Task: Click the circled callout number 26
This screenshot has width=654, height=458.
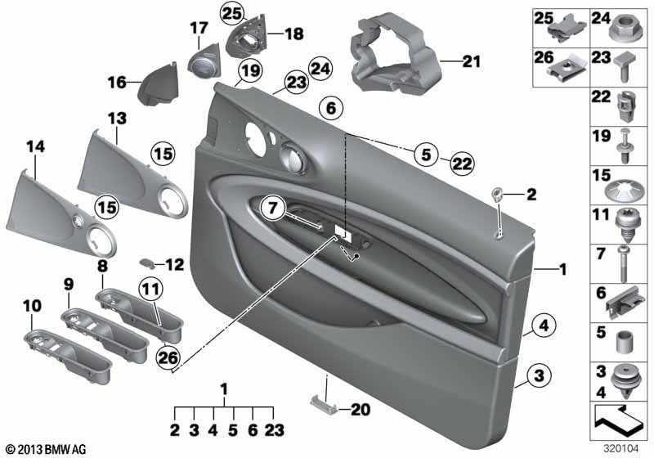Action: pos(168,357)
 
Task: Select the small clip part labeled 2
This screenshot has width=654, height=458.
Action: pos(498,194)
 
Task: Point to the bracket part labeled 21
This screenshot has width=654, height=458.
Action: pos(394,54)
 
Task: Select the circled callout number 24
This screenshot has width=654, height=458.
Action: pos(320,69)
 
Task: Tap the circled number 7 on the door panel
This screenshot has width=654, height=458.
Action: pos(272,207)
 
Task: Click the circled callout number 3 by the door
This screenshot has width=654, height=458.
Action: pos(539,375)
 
